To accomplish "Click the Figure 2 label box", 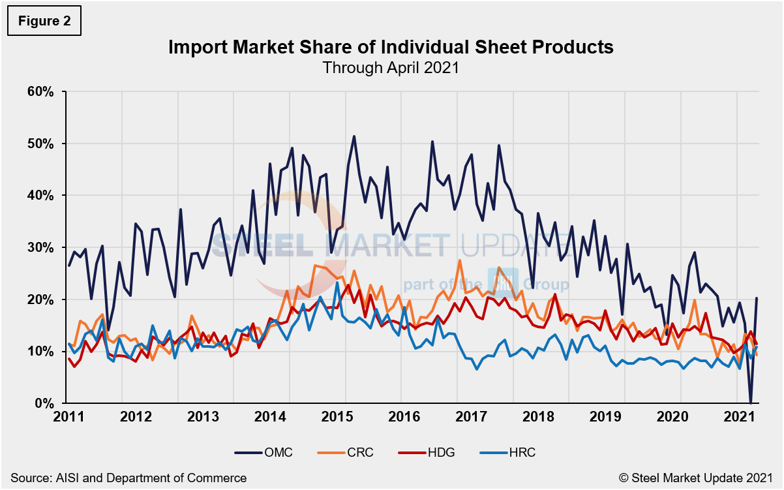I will tap(44, 22).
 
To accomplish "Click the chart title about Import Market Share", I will tap(391, 48).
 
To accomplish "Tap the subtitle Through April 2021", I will tap(391, 67).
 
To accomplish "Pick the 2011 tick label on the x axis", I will tap(68, 417).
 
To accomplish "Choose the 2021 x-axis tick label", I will tap(736, 417).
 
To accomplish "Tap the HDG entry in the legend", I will tap(435, 452).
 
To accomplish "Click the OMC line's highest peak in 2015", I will tap(354, 136).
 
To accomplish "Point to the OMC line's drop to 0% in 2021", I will tap(751, 403).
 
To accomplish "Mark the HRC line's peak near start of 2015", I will tap(337, 283).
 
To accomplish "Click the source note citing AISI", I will tap(128, 478).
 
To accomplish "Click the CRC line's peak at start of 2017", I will tap(459, 260).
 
